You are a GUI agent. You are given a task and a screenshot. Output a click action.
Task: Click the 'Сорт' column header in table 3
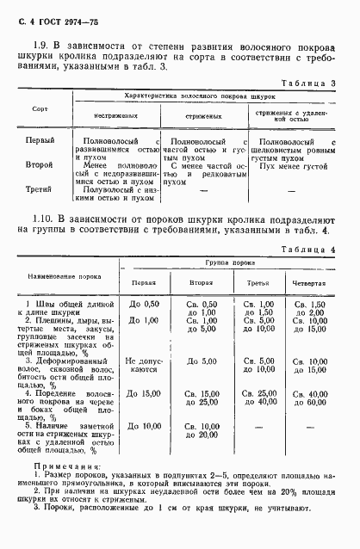click(40, 111)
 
